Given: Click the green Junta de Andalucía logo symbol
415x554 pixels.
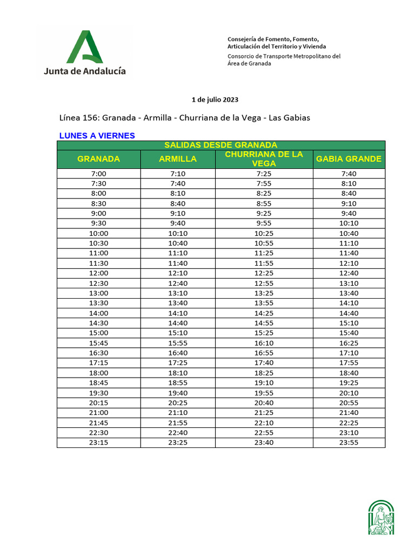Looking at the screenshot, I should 85,48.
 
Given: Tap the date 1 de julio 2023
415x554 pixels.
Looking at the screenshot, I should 215,100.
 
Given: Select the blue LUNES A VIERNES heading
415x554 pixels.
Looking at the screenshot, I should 97,136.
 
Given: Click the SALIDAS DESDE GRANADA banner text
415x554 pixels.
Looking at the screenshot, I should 220,145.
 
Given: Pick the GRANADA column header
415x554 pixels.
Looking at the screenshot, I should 98,159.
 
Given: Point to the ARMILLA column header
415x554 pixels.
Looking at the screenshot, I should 178,159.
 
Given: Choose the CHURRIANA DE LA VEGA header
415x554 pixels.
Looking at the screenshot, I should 264,159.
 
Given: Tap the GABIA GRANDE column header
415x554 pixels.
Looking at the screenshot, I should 349,159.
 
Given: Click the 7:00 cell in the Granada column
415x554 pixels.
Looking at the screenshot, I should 99,174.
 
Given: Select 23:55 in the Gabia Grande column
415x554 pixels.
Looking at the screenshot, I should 349,443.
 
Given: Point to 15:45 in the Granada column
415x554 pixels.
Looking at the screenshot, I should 99,343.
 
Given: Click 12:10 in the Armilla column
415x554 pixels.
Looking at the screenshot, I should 178,273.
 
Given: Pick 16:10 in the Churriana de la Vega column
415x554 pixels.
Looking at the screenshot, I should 264,343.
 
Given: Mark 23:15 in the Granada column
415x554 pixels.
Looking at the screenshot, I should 99,443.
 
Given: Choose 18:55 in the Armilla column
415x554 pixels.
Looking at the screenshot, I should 178,383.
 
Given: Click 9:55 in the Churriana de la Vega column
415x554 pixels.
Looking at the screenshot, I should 264,223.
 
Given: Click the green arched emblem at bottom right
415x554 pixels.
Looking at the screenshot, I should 381,518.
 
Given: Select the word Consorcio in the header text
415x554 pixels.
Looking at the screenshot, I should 242,56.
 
